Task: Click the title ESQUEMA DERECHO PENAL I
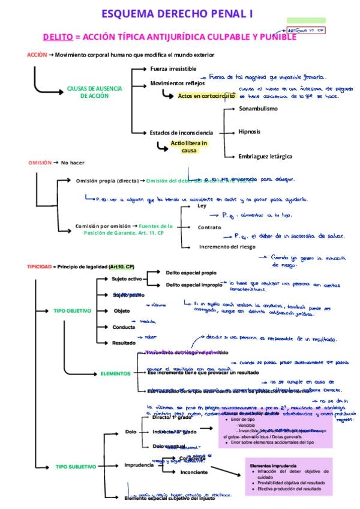pyautogui.click(x=176, y=13)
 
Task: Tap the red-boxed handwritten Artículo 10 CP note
pyautogui.click(x=305, y=29)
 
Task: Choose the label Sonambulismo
pyautogui.click(x=258, y=109)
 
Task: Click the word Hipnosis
pyautogui.click(x=249, y=131)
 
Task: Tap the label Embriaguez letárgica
pyautogui.click(x=265, y=156)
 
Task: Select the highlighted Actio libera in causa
pyautogui.click(x=189, y=146)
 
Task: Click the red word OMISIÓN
pyautogui.click(x=40, y=163)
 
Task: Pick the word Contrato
pyautogui.click(x=211, y=227)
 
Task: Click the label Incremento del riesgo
pyautogui.click(x=227, y=247)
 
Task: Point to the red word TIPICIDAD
pyautogui.click(x=39, y=266)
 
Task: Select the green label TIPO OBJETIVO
pyautogui.click(x=72, y=311)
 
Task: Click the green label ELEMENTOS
pyautogui.click(x=115, y=373)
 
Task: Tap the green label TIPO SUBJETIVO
pyautogui.click(x=76, y=466)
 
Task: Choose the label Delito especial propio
pyautogui.click(x=191, y=273)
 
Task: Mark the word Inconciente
pyautogui.click(x=194, y=472)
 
